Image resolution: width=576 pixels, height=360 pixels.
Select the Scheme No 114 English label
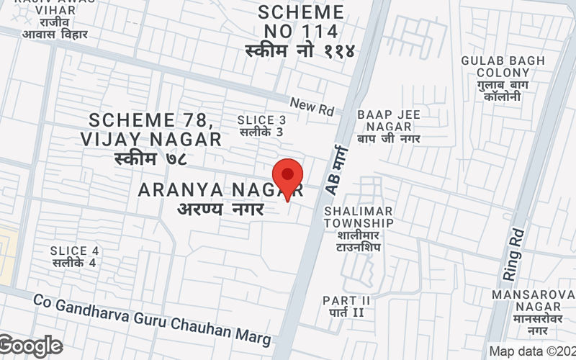(x=301, y=22)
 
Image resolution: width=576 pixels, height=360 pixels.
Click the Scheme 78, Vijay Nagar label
(x=150, y=129)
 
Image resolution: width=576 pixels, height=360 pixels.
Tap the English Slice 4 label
(x=74, y=251)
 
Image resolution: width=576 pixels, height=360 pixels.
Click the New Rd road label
(x=312, y=107)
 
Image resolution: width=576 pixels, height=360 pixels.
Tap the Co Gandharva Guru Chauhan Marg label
(x=152, y=318)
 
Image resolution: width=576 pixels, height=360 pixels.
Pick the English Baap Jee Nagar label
(x=389, y=120)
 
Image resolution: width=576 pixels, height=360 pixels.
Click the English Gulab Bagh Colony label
(x=503, y=67)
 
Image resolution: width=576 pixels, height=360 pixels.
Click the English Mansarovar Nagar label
(x=533, y=301)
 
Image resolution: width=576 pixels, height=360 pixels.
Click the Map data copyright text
(x=531, y=351)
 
